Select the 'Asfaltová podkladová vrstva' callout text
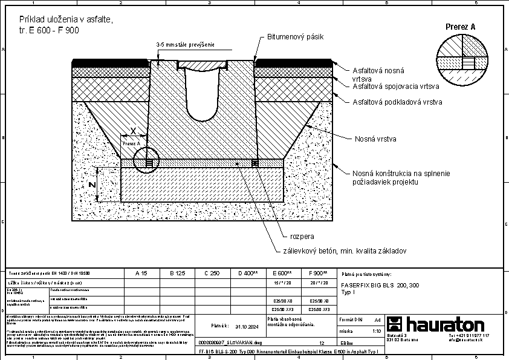[x=397, y=102]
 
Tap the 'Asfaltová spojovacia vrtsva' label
[x=397, y=86]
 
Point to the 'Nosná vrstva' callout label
[x=375, y=139]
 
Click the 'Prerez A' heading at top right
[x=460, y=27]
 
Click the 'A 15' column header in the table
[x=141, y=273]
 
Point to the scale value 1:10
[x=376, y=331]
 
